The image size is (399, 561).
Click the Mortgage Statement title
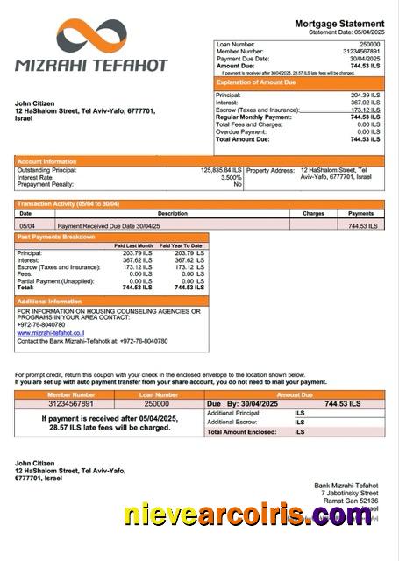click(x=339, y=23)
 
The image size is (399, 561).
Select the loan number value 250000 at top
click(x=369, y=44)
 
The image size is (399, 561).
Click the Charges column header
click(x=313, y=213)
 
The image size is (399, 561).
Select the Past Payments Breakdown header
click(x=56, y=237)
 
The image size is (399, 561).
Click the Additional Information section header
click(x=52, y=301)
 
